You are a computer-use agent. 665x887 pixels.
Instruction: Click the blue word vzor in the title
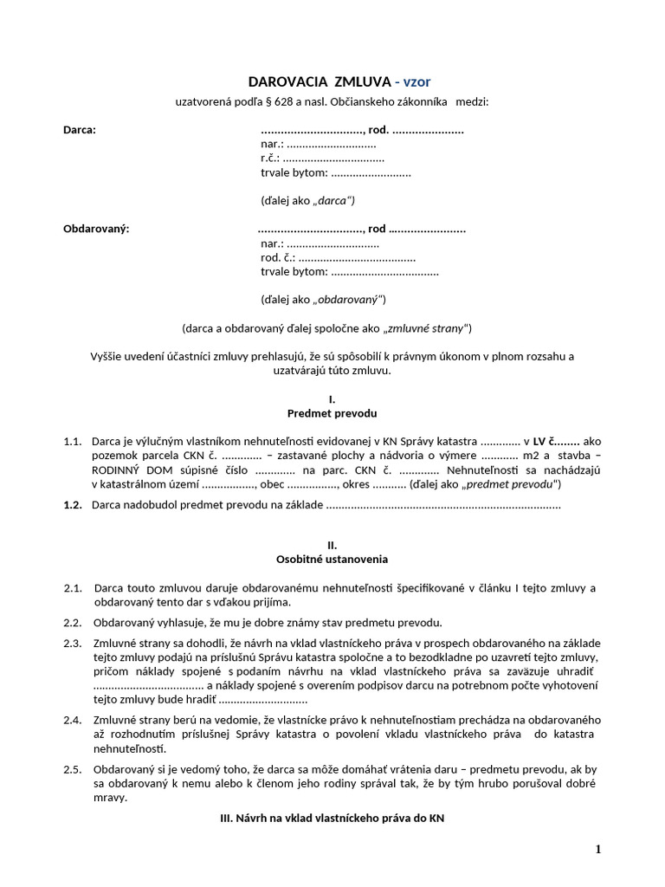(x=416, y=82)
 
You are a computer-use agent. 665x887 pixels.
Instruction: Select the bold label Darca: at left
(x=81, y=130)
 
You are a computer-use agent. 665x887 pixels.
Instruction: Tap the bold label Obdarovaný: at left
(x=96, y=229)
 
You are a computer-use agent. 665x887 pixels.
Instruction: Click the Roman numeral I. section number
(x=332, y=398)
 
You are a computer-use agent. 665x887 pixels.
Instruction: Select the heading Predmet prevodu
(x=332, y=413)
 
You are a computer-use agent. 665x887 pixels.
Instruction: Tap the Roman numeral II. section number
(x=332, y=545)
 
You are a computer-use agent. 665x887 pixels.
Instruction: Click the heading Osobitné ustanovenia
(x=332, y=560)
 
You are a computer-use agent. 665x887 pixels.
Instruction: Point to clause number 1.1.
(x=73, y=441)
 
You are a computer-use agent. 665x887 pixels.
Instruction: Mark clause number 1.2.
(x=73, y=504)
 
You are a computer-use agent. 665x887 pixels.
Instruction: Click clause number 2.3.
(x=73, y=643)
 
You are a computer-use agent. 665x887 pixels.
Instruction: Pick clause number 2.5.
(x=73, y=768)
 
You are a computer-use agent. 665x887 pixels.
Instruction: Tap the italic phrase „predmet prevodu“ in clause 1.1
(x=511, y=483)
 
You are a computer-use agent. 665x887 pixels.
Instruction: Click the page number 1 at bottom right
(x=597, y=850)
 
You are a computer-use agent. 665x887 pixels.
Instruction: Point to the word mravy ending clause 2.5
(x=110, y=797)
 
